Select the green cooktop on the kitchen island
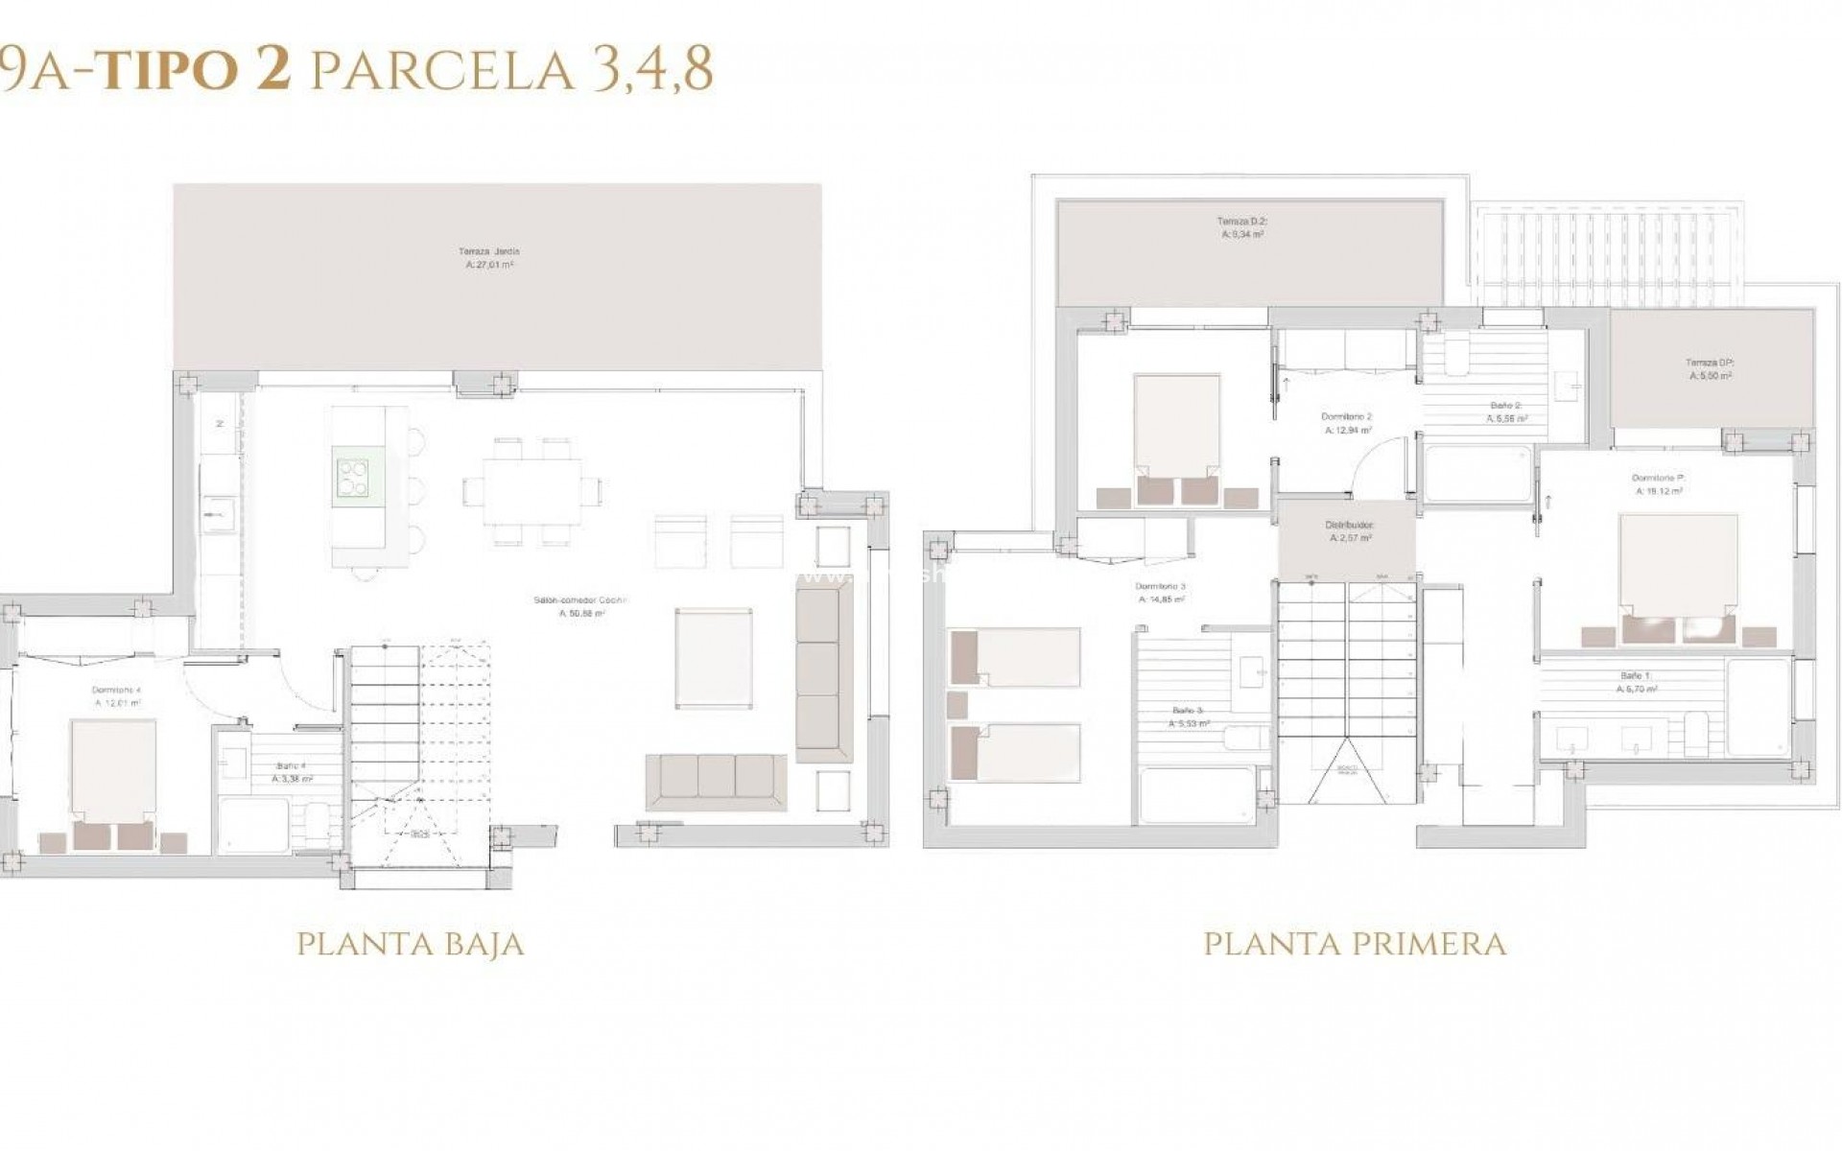(x=352, y=477)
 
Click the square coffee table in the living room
(x=713, y=657)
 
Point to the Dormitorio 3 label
(x=1161, y=592)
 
